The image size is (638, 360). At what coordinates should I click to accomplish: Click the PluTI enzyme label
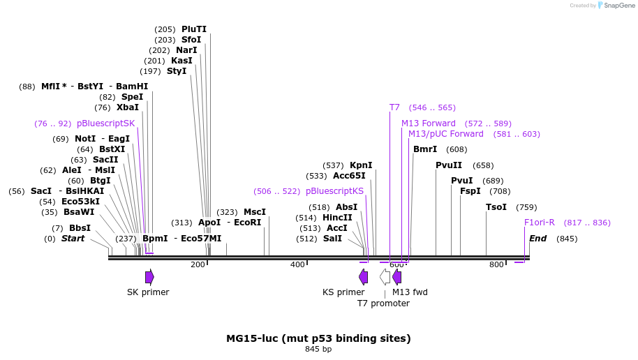(194, 29)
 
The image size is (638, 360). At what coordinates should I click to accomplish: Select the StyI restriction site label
(177, 71)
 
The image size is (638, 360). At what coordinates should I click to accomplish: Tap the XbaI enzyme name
(128, 107)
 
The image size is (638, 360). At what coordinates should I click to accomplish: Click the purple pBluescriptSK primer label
(105, 123)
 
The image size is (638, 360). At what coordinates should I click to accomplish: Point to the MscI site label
(255, 212)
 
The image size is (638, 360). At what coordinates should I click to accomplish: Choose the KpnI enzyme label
(361, 165)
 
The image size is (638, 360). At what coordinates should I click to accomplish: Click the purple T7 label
(394, 107)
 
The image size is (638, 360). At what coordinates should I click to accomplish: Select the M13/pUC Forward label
(445, 134)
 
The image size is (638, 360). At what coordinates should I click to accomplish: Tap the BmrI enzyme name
(425, 149)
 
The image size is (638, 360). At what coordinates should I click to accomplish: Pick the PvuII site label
(449, 165)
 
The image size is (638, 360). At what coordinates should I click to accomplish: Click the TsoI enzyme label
(496, 207)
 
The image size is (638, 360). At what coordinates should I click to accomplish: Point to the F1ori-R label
(540, 223)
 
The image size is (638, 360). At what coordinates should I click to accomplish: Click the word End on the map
(538, 239)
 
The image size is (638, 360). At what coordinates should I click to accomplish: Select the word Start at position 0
(73, 239)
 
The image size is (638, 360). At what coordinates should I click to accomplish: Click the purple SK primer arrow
(149, 277)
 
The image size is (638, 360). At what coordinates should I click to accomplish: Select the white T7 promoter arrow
(385, 277)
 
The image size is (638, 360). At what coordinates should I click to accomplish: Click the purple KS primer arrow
(364, 277)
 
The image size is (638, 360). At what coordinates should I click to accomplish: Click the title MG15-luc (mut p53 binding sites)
(318, 338)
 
